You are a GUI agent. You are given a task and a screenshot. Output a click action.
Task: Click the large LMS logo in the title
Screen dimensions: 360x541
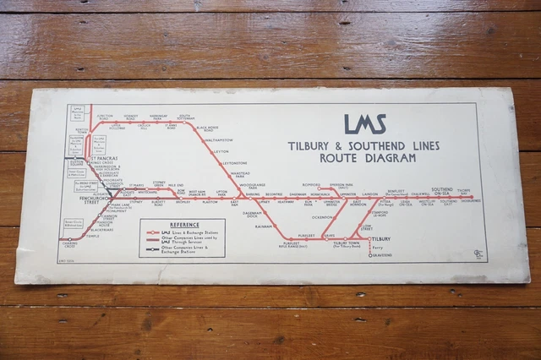point(365,125)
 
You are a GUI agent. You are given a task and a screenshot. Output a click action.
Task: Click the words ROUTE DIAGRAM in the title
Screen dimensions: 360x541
point(363,157)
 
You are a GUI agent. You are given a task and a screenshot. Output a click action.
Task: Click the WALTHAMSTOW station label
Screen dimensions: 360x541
point(217,140)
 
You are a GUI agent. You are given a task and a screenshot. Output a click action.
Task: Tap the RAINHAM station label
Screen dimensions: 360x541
point(264,226)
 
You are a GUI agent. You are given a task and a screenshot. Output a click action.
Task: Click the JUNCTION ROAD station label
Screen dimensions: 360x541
point(106,117)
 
